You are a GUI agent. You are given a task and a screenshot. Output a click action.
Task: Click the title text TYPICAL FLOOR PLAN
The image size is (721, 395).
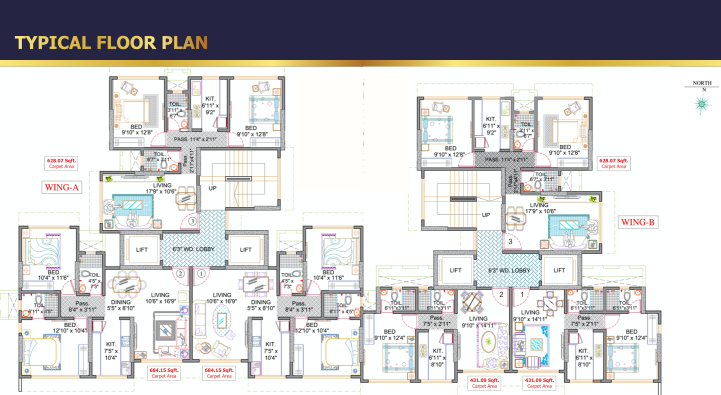point(111,42)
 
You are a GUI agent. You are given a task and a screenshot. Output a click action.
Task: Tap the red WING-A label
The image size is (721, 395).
point(62,188)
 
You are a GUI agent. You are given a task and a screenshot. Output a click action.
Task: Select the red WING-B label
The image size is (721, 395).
point(638,222)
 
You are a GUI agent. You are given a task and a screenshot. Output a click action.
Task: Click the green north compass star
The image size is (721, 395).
point(701,103)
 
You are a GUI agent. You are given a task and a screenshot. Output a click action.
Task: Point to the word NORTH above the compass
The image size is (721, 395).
point(702,83)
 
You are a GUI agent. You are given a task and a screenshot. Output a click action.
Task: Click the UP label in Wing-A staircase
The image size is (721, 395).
point(212,188)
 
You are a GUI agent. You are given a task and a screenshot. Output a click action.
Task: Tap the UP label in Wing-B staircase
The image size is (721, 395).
point(485,214)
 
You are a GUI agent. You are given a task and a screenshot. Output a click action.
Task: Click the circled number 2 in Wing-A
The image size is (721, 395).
point(180,273)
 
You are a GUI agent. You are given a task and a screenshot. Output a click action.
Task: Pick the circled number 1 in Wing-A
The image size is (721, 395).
point(201,273)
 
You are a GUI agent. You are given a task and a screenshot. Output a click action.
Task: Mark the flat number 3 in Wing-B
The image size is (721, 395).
point(510,241)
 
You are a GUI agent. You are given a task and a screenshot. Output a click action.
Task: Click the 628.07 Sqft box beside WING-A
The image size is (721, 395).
point(61,163)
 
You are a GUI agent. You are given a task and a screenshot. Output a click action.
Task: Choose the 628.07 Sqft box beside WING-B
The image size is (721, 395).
point(613,163)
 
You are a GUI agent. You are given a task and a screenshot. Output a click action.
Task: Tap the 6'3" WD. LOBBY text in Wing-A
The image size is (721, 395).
point(193,249)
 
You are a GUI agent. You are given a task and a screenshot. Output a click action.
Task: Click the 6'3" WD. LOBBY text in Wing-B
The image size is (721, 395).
point(508,270)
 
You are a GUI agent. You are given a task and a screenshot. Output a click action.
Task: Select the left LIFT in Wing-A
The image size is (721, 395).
point(141,249)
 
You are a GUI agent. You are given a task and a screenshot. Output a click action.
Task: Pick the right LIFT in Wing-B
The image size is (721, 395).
point(559,270)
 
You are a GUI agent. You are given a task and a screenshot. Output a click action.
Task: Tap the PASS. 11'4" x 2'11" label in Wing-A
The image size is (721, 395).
point(194,139)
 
